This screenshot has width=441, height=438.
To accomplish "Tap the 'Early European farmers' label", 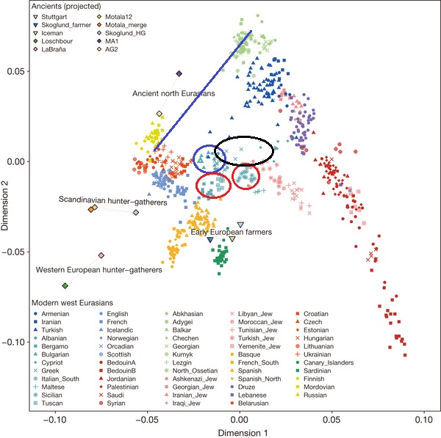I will click(232, 233).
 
